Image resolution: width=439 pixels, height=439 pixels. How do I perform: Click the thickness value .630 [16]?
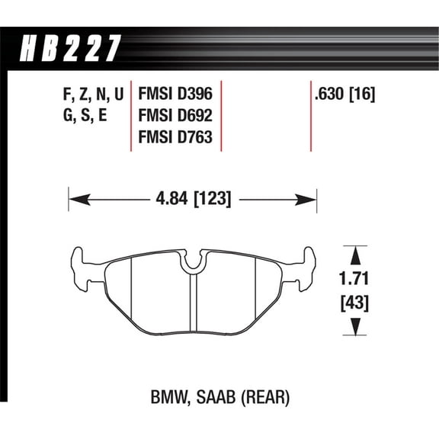pyautogui.click(x=345, y=95)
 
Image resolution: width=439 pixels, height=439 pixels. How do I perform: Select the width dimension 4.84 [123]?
pyautogui.click(x=193, y=200)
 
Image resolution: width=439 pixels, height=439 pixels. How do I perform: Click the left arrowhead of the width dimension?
pyautogui.click(x=75, y=200)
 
